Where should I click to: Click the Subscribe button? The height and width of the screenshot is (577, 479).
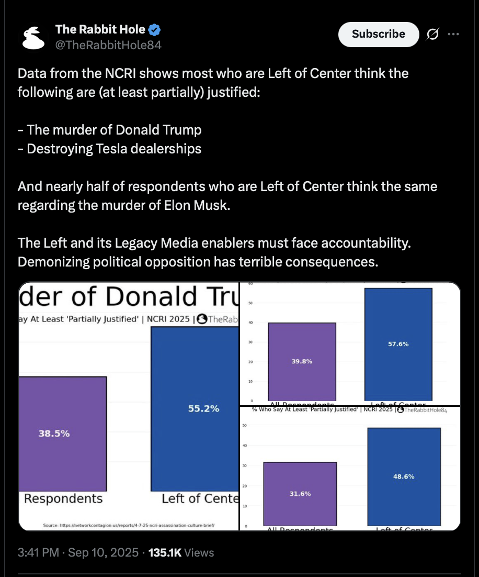[x=379, y=34]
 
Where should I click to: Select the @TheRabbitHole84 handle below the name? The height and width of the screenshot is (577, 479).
[x=108, y=45]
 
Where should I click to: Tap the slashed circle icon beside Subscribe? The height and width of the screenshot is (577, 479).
[x=432, y=35]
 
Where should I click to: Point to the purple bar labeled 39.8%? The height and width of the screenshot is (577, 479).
[x=302, y=361]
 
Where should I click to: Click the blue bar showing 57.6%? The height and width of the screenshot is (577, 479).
[x=398, y=344]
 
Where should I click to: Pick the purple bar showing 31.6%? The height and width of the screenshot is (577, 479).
[x=300, y=494]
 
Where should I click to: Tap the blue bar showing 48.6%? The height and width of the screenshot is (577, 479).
[x=404, y=476]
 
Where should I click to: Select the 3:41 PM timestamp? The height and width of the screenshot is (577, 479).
[x=38, y=552]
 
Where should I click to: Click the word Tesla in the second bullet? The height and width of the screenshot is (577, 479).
[x=109, y=148]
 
